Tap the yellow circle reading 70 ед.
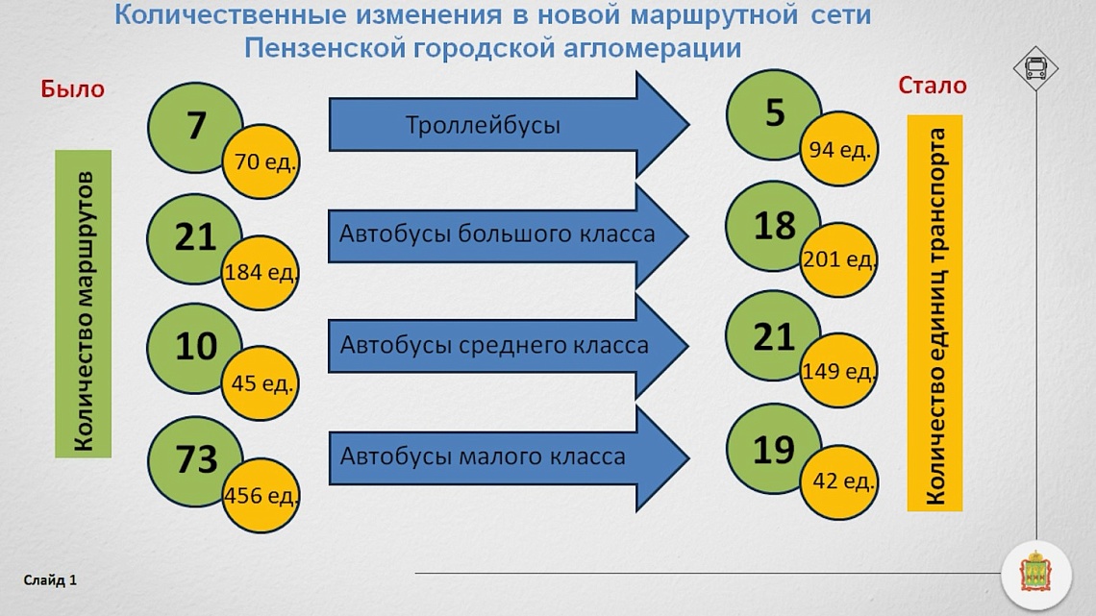point(262,162)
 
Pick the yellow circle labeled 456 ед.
point(262,495)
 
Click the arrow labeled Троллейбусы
point(509,124)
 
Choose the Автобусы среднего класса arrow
point(509,346)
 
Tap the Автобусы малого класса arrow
point(509,457)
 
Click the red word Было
point(73,88)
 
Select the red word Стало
point(933,86)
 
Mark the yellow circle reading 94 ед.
point(838,149)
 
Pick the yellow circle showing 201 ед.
point(838,259)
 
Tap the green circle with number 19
point(772,449)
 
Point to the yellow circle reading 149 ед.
point(838,370)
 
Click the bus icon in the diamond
point(1035,68)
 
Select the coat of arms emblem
point(1035,574)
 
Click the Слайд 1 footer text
point(50,580)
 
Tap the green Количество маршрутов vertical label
point(84,304)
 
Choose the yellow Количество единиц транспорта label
point(935,313)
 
